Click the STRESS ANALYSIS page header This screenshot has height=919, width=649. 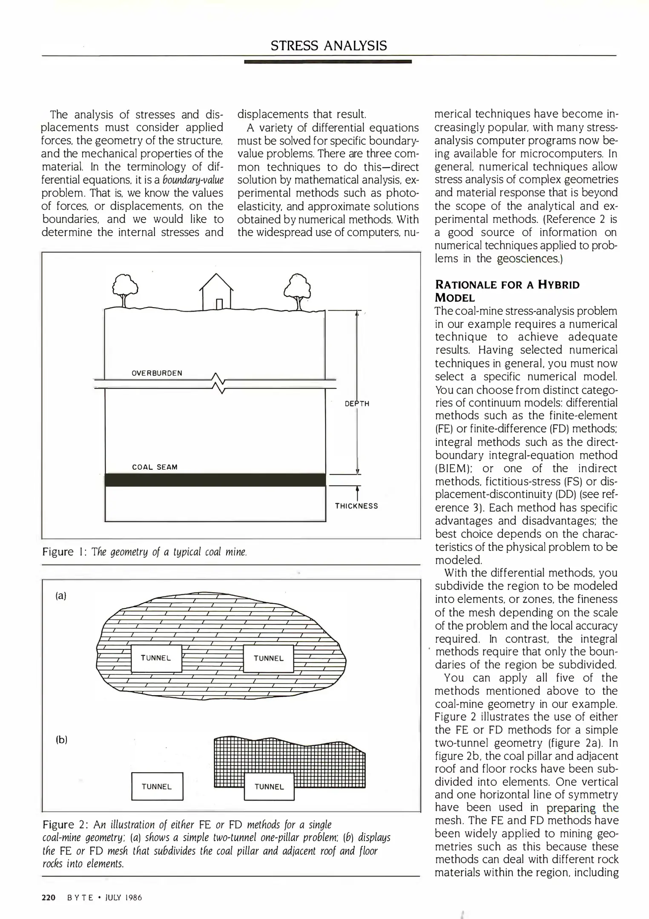click(x=329, y=46)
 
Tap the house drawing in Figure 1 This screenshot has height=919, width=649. click(x=216, y=292)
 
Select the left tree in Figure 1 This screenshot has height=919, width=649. click(x=125, y=289)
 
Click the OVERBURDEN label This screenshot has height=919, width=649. click(x=157, y=373)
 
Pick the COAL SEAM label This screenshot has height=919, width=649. click(x=155, y=467)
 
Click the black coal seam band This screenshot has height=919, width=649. click(x=215, y=479)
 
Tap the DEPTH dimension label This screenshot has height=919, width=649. click(x=357, y=404)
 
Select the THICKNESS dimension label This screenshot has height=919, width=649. click(x=356, y=506)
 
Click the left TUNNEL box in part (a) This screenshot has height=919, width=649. click(x=156, y=658)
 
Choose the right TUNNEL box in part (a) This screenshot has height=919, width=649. click(x=269, y=659)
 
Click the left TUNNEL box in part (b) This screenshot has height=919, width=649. click(x=157, y=787)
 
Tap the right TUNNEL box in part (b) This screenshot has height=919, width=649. click(x=269, y=787)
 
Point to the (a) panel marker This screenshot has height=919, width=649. click(x=61, y=596)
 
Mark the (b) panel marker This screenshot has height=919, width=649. click(x=62, y=740)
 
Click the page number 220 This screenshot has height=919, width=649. click(x=49, y=898)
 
